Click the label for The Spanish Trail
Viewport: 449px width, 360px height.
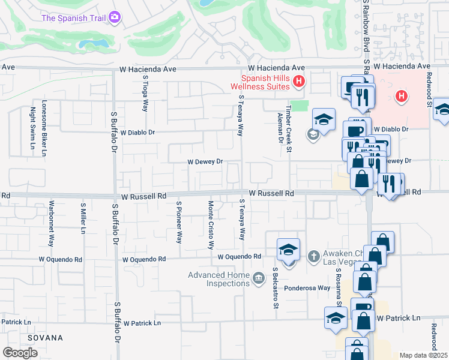(74, 17)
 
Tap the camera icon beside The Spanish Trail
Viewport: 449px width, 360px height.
(115, 17)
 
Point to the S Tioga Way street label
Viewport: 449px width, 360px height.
(145, 94)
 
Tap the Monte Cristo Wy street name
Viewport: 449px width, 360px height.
(211, 225)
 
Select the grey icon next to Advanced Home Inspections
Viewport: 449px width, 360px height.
(259, 277)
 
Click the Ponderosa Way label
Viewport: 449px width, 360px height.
(307, 288)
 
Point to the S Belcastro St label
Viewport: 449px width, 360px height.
(276, 288)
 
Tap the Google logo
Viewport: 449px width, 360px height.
(20, 352)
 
